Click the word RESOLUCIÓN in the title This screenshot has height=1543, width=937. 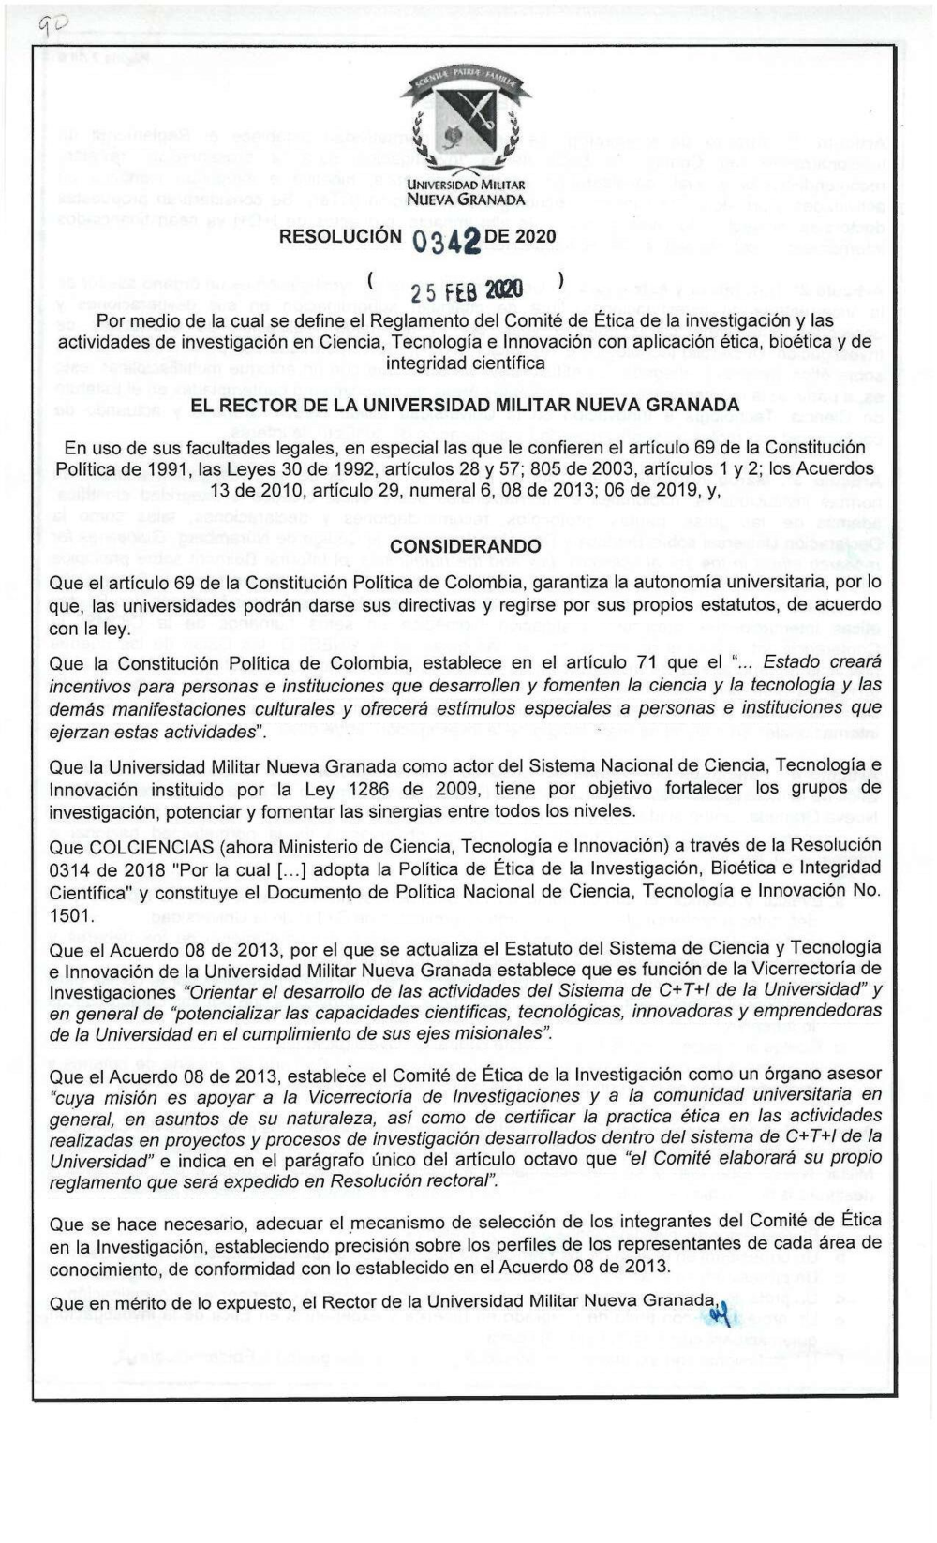pyautogui.click(x=339, y=237)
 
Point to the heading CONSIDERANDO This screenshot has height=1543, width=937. pyautogui.click(x=465, y=546)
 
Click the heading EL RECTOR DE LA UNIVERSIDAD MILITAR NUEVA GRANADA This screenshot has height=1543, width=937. pyautogui.click(x=465, y=405)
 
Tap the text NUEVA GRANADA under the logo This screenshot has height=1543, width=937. pyautogui.click(x=465, y=199)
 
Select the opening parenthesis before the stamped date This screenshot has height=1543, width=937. pyautogui.click(x=372, y=279)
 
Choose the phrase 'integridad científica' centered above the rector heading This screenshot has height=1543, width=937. pyautogui.click(x=465, y=363)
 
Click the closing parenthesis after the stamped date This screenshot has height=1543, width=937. pyautogui.click(x=560, y=279)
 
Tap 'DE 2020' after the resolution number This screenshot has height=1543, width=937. pyautogui.click(x=520, y=237)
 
